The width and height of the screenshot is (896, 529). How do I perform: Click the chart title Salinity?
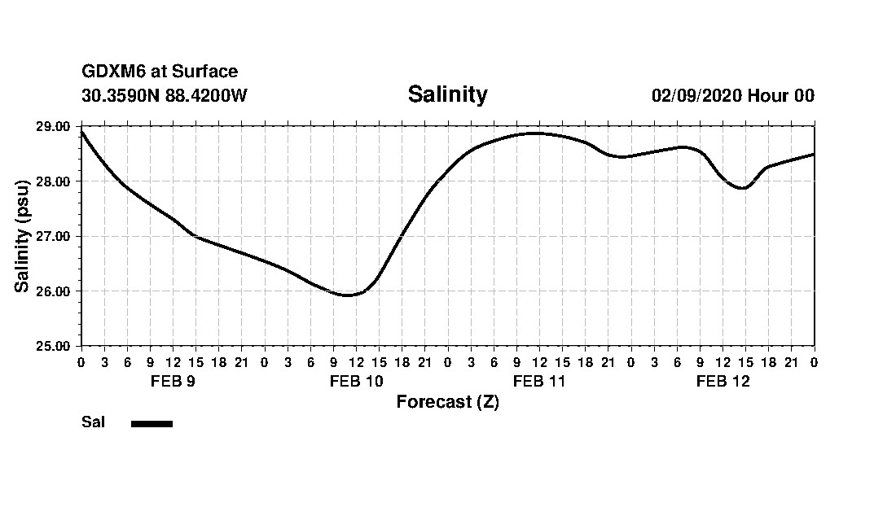click(x=447, y=94)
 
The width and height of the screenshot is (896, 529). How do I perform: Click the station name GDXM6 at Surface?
click(x=160, y=72)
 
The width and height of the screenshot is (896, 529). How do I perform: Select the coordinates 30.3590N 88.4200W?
click(x=165, y=95)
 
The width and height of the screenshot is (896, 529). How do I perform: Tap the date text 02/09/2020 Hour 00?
click(x=732, y=95)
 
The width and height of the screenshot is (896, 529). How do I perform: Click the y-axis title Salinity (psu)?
click(x=23, y=236)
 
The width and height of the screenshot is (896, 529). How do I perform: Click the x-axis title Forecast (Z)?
click(x=447, y=402)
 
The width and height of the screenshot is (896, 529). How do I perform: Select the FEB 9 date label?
click(x=173, y=381)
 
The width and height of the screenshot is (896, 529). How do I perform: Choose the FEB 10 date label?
click(x=356, y=381)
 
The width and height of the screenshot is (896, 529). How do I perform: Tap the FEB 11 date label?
click(x=539, y=381)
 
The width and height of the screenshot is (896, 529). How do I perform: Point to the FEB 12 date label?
click(x=723, y=381)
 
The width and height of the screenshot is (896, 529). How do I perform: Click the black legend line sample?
click(x=152, y=423)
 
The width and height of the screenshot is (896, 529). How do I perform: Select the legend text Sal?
click(x=93, y=422)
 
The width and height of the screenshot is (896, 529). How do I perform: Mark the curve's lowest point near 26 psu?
click(x=347, y=295)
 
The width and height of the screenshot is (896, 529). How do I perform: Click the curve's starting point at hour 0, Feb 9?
click(x=81, y=131)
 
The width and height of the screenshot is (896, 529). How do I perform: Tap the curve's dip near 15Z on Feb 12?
click(x=743, y=188)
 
